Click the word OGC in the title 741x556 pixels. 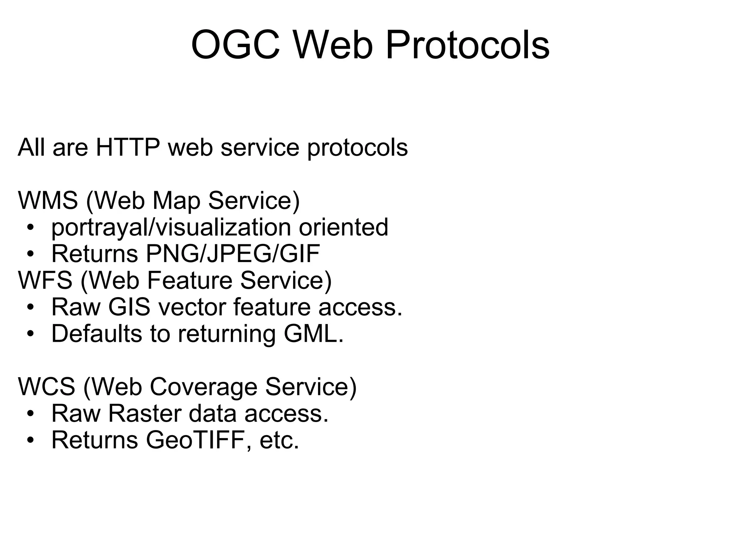[x=236, y=46]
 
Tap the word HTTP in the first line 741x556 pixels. [x=128, y=148]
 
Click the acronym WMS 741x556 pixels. [x=48, y=200]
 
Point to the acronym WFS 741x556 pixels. [x=45, y=280]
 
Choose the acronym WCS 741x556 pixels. [x=47, y=387]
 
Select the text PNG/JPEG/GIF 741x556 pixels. [x=233, y=254]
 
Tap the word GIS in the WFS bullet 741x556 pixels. [x=129, y=307]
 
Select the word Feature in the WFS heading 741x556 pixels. [x=190, y=280]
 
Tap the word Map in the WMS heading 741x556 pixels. [x=176, y=200]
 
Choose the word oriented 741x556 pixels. [x=343, y=227]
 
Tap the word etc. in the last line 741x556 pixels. [x=279, y=440]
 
